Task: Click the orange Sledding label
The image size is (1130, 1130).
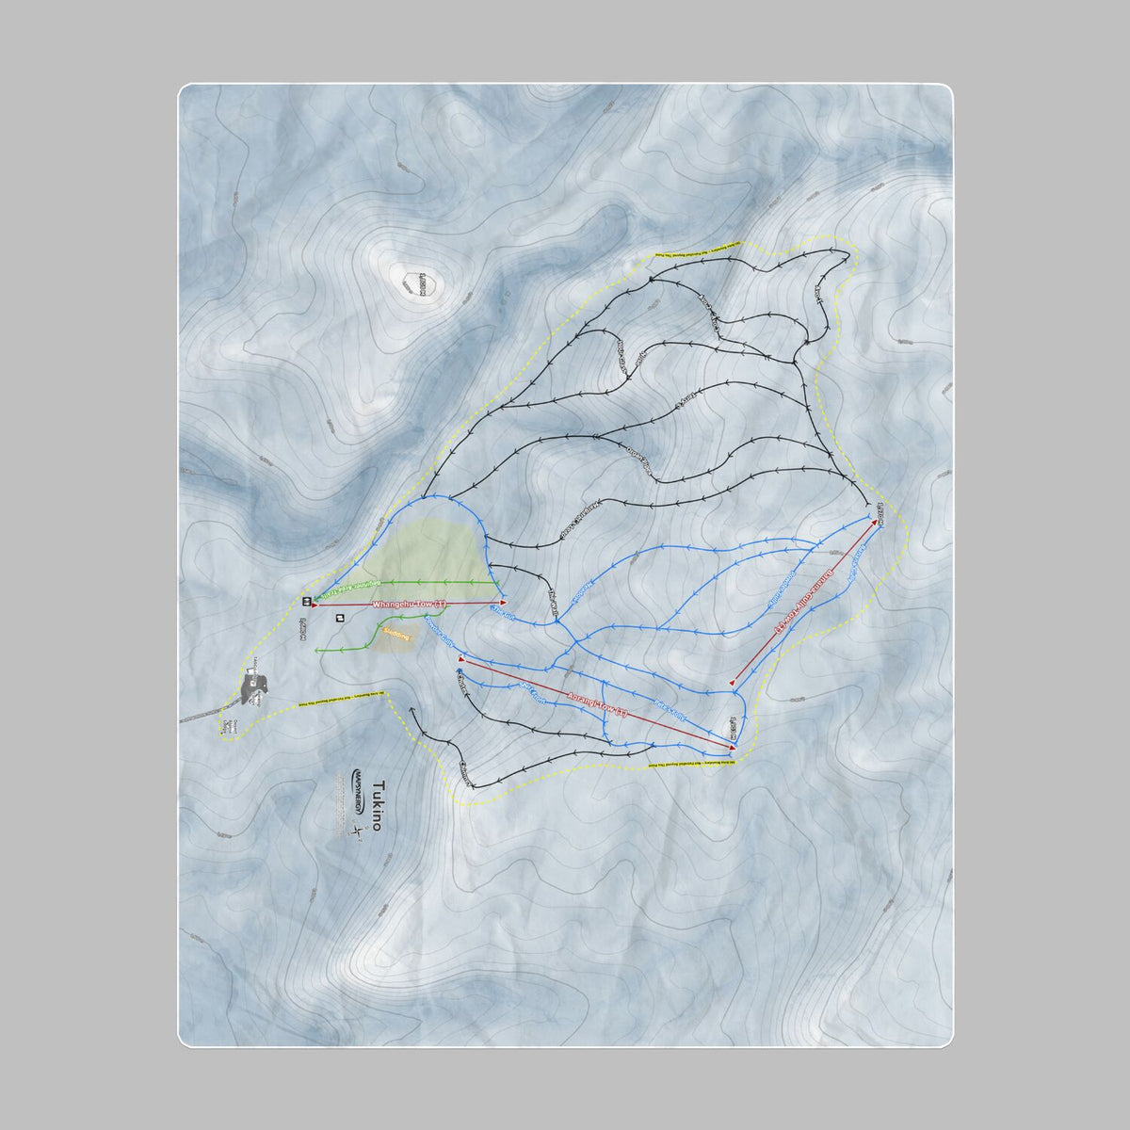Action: click(396, 637)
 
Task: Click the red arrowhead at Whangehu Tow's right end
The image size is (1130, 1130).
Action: click(504, 603)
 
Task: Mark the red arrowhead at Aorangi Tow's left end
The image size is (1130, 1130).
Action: click(461, 661)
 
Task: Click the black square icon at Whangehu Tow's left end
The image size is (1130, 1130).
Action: click(306, 601)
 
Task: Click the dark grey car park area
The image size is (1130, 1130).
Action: click(253, 689)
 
